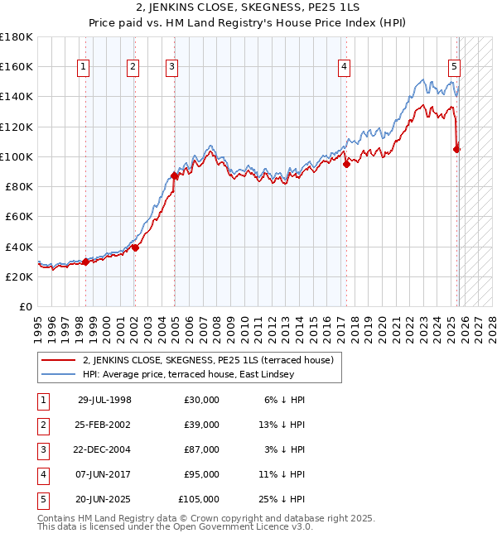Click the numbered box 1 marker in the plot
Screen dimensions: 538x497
coord(84,68)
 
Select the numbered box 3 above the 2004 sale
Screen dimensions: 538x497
coord(171,68)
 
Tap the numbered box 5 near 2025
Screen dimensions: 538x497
coord(455,68)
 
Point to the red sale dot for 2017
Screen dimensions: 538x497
coord(347,164)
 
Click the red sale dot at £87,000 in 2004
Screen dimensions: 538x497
coord(175,175)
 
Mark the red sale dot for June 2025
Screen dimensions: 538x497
coord(456,149)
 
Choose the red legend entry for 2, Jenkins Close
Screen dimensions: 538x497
coord(207,360)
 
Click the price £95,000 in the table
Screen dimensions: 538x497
coord(202,474)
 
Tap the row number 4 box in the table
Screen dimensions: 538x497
coord(42,474)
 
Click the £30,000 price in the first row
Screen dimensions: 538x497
coord(202,400)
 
